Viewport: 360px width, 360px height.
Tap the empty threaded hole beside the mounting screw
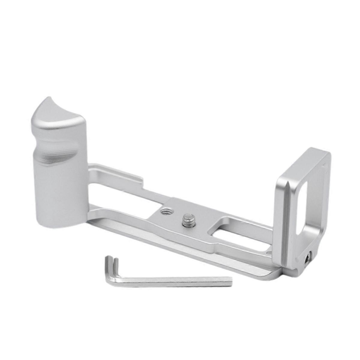pos(165,212)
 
